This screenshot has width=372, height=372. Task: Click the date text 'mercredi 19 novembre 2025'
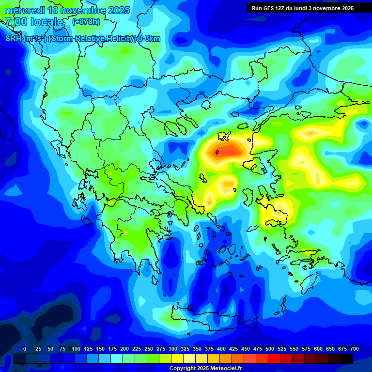[67, 10]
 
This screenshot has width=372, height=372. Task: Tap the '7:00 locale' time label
[34, 22]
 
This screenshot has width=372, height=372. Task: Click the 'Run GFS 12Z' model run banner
[269, 8]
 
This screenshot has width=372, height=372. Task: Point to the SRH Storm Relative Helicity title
[82, 39]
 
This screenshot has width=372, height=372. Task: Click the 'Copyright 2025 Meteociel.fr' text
[205, 369]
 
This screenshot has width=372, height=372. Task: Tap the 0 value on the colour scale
[25, 349]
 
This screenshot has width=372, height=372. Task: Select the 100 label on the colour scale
[76, 349]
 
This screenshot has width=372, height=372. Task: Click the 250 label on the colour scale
[149, 349]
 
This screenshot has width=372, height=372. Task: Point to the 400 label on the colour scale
[221, 349]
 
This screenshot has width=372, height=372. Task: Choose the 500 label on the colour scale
[270, 349]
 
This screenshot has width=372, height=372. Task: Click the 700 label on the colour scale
[355, 349]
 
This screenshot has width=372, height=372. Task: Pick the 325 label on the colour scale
[185, 349]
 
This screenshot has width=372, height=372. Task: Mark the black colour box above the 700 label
[347, 358]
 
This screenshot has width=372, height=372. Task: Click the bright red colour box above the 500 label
[274, 358]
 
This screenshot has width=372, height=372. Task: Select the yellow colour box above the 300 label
[177, 358]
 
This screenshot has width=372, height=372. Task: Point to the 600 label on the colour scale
[318, 349]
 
